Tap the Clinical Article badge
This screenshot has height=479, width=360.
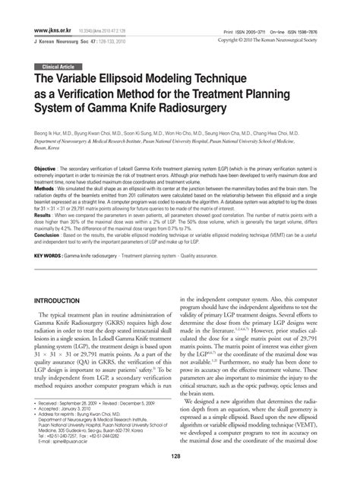coord(56,67)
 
